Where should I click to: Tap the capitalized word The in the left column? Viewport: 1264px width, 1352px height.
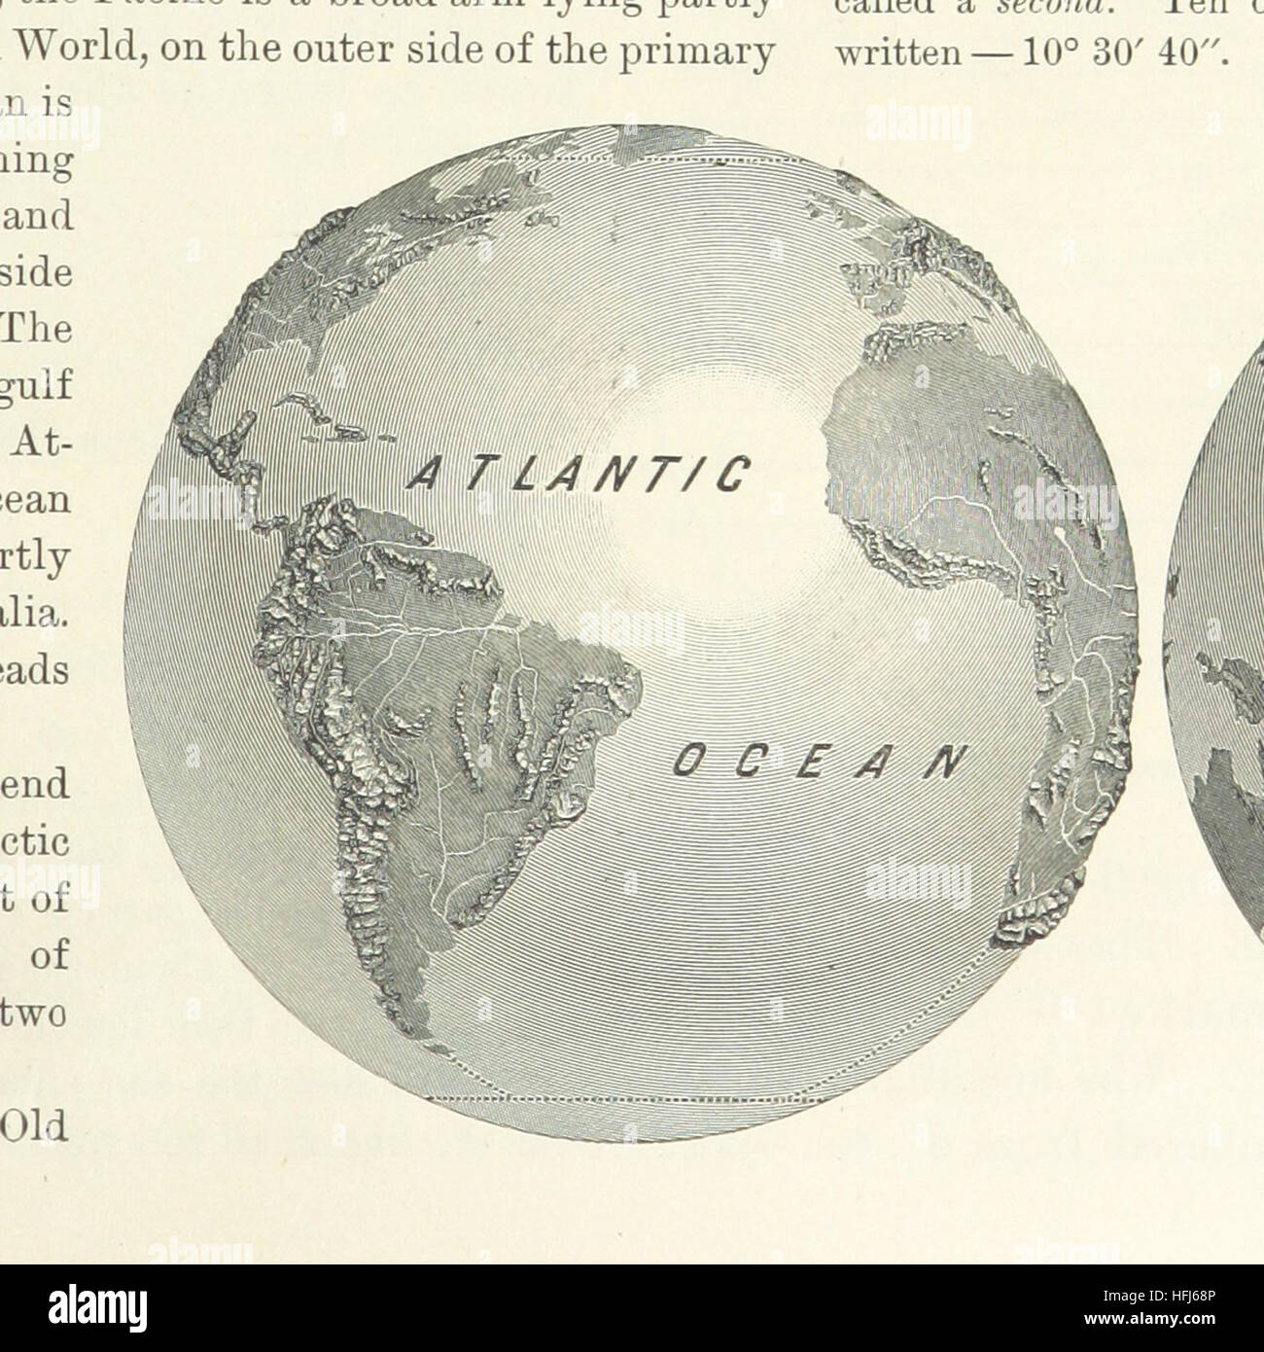(x=38, y=328)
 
